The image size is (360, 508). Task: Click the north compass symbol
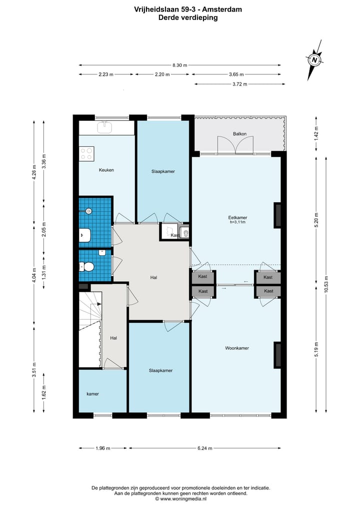[x=314, y=60]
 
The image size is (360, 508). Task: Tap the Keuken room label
[x=106, y=170]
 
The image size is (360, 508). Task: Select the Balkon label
[x=239, y=134]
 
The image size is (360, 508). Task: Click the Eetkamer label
[x=237, y=218]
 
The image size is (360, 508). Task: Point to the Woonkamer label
[x=237, y=348]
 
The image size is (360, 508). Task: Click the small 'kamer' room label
[x=93, y=394]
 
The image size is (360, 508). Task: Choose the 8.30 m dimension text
[x=179, y=65]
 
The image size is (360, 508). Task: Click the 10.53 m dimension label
[x=326, y=284]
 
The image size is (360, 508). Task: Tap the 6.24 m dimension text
[x=205, y=449]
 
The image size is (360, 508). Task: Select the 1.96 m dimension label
[x=103, y=449]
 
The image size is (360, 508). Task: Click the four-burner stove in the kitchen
[x=86, y=153]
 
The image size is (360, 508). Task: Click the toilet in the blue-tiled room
[x=86, y=267]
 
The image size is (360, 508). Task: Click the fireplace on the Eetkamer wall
[x=277, y=215]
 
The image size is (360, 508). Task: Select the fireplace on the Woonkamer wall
[x=277, y=355]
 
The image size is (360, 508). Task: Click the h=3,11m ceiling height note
[x=237, y=222]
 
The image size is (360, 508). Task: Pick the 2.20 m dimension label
[x=162, y=74]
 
